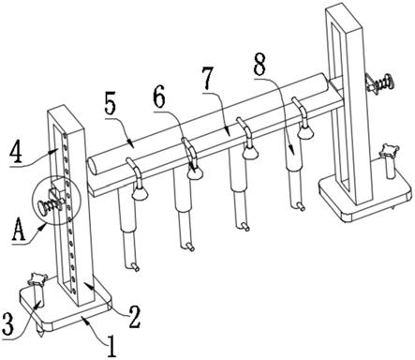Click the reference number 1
point(111,346)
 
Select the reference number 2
point(135,317)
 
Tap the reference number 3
point(7,323)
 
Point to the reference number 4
point(16,153)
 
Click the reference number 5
point(111,102)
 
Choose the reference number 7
point(209,77)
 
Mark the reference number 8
point(259,65)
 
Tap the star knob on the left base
point(37,278)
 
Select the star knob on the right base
point(388,150)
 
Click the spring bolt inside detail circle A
point(50,204)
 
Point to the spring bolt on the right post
point(378,82)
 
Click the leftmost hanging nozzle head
point(139,193)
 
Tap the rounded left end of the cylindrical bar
point(93,166)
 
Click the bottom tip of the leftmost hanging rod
point(136,267)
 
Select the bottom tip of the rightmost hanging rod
point(301,206)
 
